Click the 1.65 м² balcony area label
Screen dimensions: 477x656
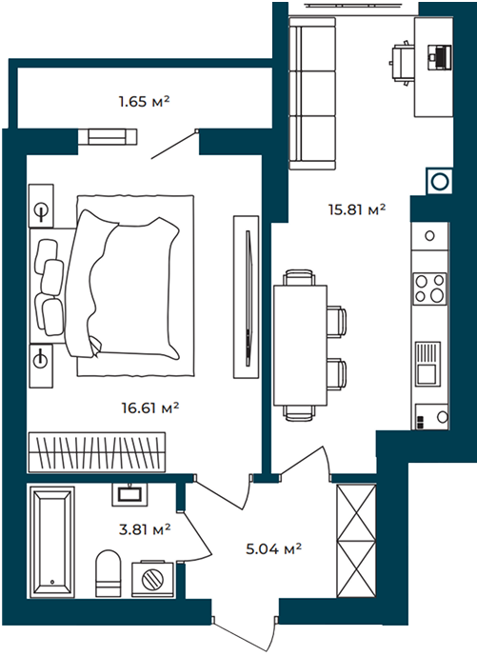pyautogui.click(x=145, y=101)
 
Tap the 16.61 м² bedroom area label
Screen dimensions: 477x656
pyautogui.click(x=150, y=408)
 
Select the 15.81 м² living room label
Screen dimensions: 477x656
pyautogui.click(x=357, y=209)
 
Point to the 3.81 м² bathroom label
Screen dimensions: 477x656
pyautogui.click(x=145, y=529)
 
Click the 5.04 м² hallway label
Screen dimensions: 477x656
pyautogui.click(x=274, y=548)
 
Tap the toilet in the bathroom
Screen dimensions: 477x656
pyautogui.click(x=108, y=573)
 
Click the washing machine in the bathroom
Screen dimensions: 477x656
pyautogui.click(x=152, y=579)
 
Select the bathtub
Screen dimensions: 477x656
pyautogui.click(x=51, y=542)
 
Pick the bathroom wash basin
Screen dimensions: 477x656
pyautogui.click(x=129, y=494)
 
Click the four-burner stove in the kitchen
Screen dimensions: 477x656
pyautogui.click(x=429, y=288)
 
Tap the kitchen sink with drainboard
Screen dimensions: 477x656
pyautogui.click(x=428, y=364)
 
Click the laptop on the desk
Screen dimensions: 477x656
pyautogui.click(x=439, y=56)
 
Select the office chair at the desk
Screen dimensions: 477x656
pyautogui.click(x=401, y=63)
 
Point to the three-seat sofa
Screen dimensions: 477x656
pyautogui.click(x=313, y=93)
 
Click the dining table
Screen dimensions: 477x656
pyautogui.click(x=301, y=346)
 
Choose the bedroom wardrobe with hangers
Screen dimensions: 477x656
pyautogui.click(x=97, y=452)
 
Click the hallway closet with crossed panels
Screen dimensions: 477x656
pyautogui.click(x=356, y=540)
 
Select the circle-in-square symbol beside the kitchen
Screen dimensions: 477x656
pyautogui.click(x=440, y=181)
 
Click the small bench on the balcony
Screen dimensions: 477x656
pyautogui.click(x=108, y=136)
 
